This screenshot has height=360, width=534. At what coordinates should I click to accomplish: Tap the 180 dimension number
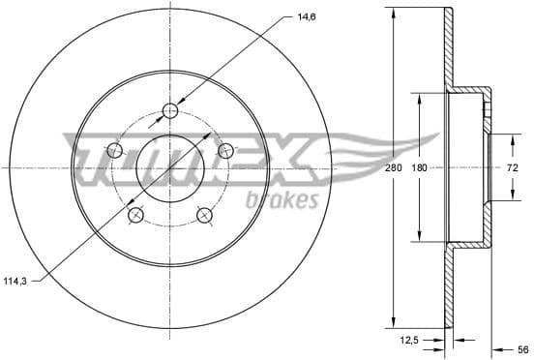coord(419,168)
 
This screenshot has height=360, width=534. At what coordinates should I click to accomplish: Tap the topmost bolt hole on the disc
coord(170,110)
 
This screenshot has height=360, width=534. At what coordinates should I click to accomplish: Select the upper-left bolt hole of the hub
coord(114,150)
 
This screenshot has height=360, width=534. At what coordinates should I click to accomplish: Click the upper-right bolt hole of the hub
coord(226,150)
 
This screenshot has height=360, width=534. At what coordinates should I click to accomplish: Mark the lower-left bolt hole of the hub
coord(135,215)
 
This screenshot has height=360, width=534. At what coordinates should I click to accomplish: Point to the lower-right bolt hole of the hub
coord(205,215)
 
